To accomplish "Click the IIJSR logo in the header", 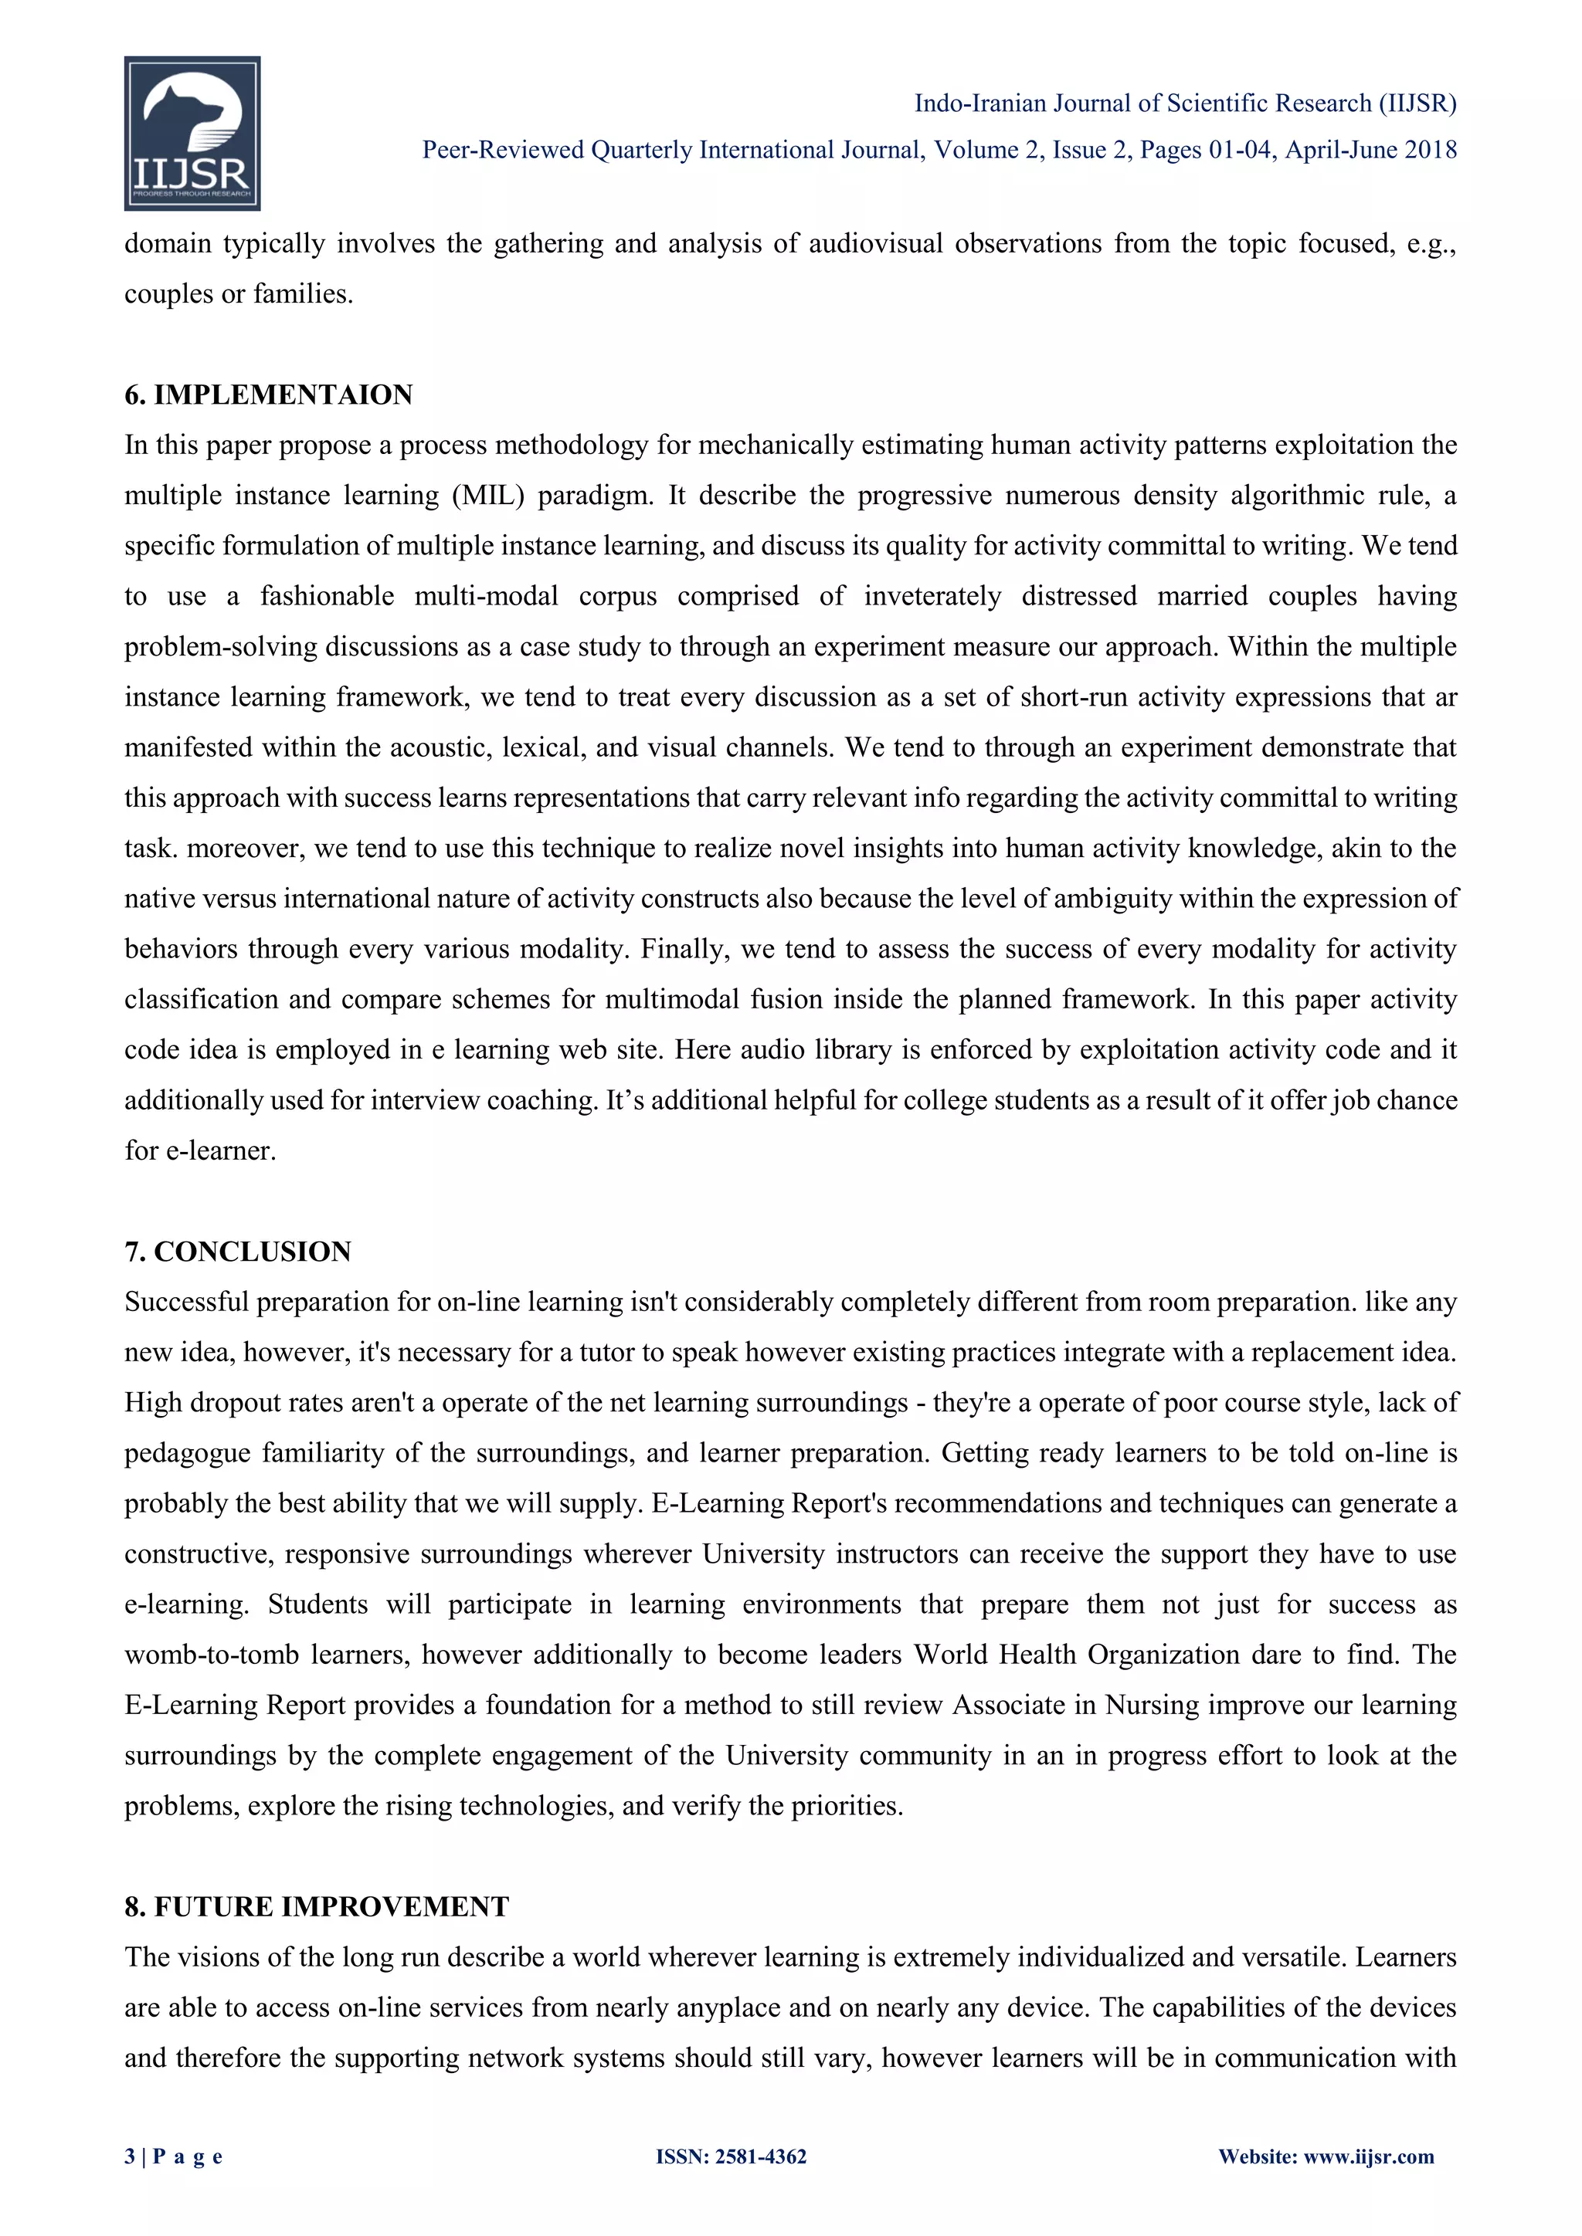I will (x=192, y=134).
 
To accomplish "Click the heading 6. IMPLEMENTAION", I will (x=269, y=395).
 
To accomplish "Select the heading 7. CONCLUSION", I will (x=238, y=1252).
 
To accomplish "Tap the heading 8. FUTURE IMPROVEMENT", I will (x=317, y=1907).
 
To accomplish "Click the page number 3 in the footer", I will (x=130, y=2156).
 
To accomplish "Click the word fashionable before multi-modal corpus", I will (x=328, y=596).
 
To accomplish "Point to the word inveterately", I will (x=932, y=596).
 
